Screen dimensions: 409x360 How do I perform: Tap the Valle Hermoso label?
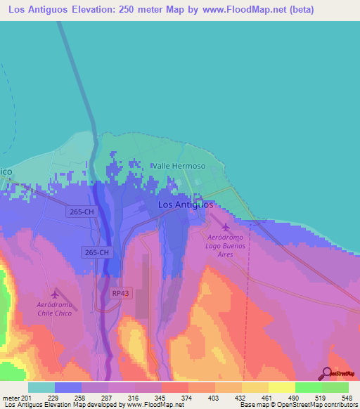(x=179, y=167)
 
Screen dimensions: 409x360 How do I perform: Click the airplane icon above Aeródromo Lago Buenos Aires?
(x=225, y=227)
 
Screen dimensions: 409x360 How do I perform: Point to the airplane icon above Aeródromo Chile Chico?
(x=56, y=293)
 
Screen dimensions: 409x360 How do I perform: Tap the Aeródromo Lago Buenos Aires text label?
(x=225, y=247)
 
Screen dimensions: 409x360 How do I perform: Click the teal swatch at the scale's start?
(x=41, y=387)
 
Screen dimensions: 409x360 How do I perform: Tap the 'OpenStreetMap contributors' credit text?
(x=320, y=405)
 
